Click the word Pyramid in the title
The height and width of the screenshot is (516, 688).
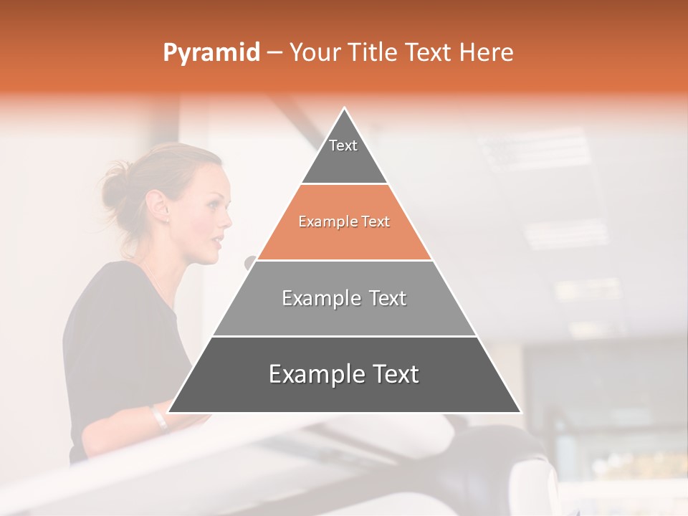(211, 53)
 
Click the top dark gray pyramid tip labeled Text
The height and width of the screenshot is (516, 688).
(344, 154)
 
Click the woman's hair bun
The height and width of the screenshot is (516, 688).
(115, 182)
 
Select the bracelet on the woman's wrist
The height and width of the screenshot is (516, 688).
(158, 418)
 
